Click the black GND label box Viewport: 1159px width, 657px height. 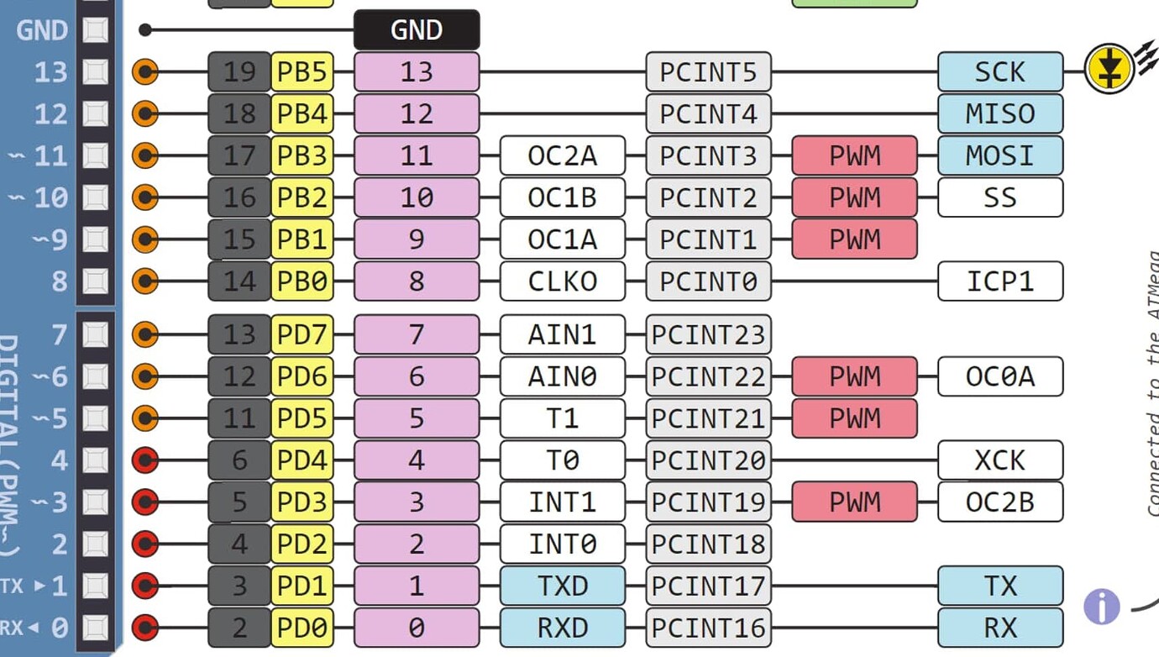tap(417, 30)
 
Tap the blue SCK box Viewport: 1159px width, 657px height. tap(999, 72)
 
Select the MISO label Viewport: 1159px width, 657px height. tap(999, 113)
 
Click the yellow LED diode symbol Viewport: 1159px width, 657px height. tap(1109, 69)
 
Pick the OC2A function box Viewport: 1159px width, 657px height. tap(562, 155)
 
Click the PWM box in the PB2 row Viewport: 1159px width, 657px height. tap(854, 197)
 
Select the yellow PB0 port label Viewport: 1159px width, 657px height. tap(302, 281)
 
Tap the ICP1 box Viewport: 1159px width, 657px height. tap(999, 281)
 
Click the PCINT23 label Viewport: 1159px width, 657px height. tap(708, 335)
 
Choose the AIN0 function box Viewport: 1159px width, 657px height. tap(562, 376)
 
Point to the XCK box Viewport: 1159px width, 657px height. tap(999, 460)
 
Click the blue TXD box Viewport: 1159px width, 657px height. tap(562, 586)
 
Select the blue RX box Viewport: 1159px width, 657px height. tap(999, 628)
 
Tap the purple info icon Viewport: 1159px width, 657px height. tap(1101, 606)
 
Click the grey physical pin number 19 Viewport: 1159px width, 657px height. tap(239, 72)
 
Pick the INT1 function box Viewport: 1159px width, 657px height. tap(562, 502)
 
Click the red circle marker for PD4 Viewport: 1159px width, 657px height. tap(146, 460)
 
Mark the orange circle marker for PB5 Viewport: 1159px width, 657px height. tap(146, 72)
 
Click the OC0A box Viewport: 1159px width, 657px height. tap(999, 376)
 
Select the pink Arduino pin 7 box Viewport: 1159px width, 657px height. tap(417, 335)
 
